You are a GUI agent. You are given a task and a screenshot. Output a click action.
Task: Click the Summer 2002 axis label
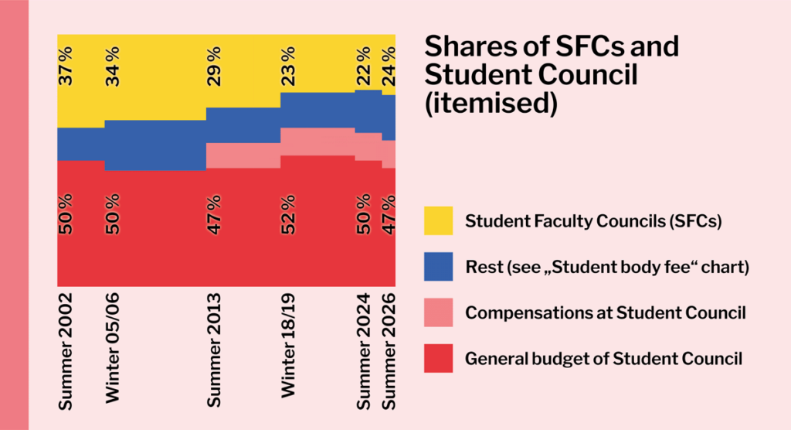(66, 351)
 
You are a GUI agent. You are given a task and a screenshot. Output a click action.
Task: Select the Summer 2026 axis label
(389, 351)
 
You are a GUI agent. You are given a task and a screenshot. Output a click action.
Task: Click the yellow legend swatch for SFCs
(439, 221)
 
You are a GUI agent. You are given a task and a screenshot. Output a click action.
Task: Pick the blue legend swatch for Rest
(439, 267)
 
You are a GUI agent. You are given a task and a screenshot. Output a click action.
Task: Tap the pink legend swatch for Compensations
(439, 312)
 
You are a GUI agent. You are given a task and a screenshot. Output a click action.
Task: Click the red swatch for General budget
(439, 358)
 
